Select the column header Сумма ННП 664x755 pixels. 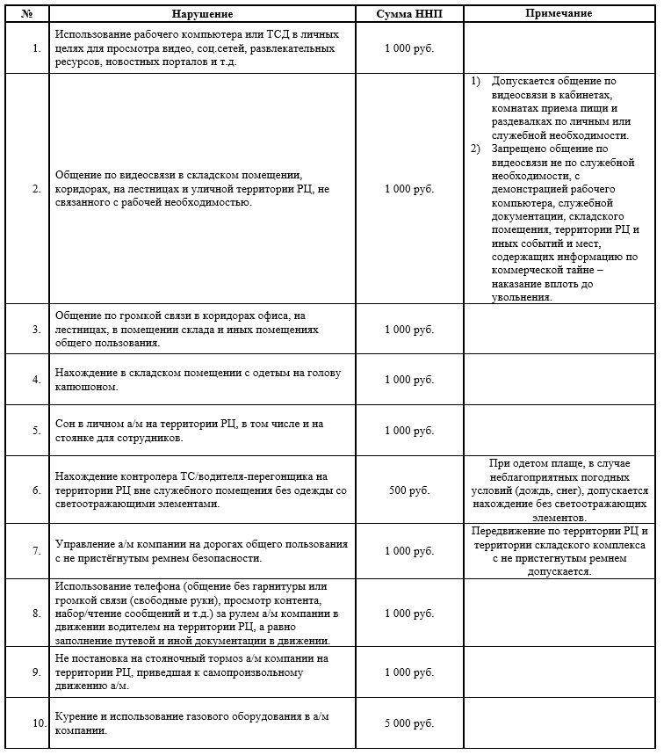click(408, 15)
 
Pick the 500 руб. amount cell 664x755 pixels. click(408, 491)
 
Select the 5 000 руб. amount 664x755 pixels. click(408, 723)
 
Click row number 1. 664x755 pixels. click(36, 47)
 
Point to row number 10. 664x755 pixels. click(39, 723)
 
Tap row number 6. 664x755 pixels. click(36, 491)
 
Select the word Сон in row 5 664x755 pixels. click(65, 424)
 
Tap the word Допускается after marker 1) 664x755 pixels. click(525, 81)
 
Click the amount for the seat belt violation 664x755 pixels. click(408, 550)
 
